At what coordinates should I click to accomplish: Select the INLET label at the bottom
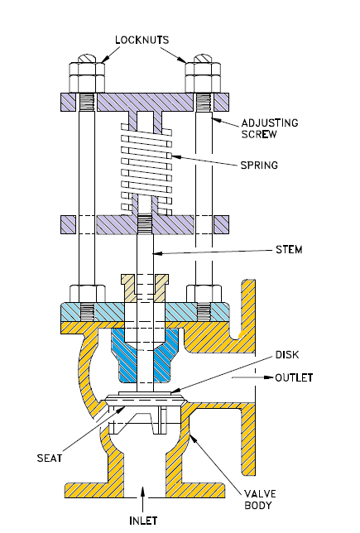click(145, 521)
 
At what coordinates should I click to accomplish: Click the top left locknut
click(87, 74)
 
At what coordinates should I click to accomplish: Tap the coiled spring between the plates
click(145, 166)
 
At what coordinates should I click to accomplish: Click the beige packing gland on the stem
click(145, 286)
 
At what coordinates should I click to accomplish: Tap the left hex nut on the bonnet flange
click(87, 293)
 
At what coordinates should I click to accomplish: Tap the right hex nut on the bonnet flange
click(203, 293)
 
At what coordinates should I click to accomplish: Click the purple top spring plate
click(145, 103)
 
